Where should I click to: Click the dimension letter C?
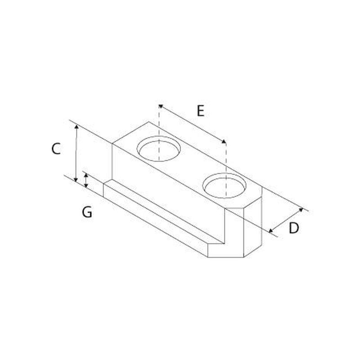click(56, 149)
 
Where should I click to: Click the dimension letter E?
click(200, 111)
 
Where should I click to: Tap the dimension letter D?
click(294, 228)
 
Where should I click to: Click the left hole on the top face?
click(159, 149)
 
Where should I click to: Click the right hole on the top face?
click(224, 185)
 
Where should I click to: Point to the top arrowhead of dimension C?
click(77, 126)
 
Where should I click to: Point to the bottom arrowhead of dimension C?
click(76, 179)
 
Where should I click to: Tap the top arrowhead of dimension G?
click(86, 175)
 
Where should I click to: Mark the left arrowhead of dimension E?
click(161, 106)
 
